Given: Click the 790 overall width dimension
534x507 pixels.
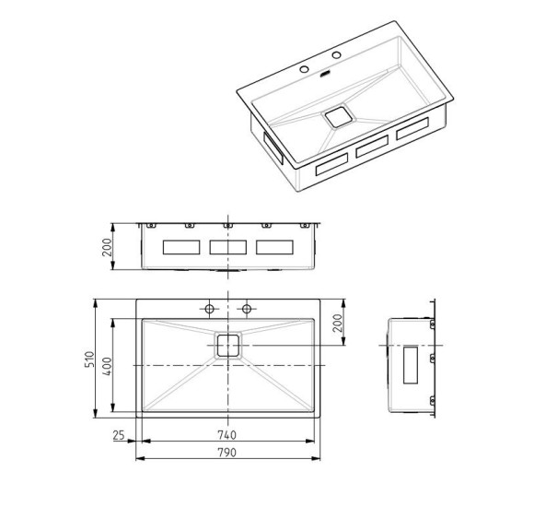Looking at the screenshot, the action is pyautogui.click(x=226, y=453).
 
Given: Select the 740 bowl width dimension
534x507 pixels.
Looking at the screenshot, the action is pyautogui.click(x=226, y=435).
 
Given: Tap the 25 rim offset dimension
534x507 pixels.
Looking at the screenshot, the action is pyautogui.click(x=119, y=435).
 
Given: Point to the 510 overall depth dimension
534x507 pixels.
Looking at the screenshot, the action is pyautogui.click(x=89, y=359).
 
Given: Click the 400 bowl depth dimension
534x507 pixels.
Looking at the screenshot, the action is pyautogui.click(x=107, y=366).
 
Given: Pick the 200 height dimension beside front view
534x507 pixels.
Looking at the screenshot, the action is pyautogui.click(x=107, y=247).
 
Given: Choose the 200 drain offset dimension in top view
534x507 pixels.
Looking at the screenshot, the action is pyautogui.click(x=337, y=323).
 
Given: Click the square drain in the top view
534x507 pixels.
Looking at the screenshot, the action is pyautogui.click(x=227, y=346).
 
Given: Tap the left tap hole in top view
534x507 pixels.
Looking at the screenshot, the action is pyautogui.click(x=209, y=309).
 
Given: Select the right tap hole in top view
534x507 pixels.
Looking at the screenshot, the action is pyautogui.click(x=247, y=309).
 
